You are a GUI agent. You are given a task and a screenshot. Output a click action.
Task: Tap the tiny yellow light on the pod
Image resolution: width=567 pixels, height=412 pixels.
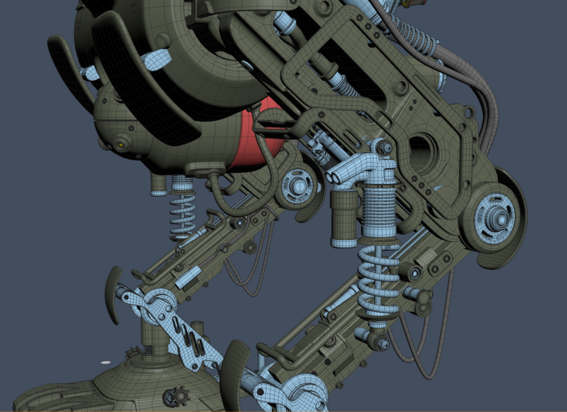pyautogui.click(x=120, y=146)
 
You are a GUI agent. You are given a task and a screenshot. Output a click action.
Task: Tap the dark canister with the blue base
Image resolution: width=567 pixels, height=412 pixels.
pyautogui.click(x=344, y=219)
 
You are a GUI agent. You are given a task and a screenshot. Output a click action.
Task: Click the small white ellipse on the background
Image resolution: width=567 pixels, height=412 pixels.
pyautogui.click(x=105, y=362)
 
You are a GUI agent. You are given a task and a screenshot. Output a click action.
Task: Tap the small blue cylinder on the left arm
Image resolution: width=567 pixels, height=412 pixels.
pyautogui.click(x=188, y=277)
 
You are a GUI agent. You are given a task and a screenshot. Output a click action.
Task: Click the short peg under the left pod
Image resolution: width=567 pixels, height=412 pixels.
pyautogui.click(x=158, y=184)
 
